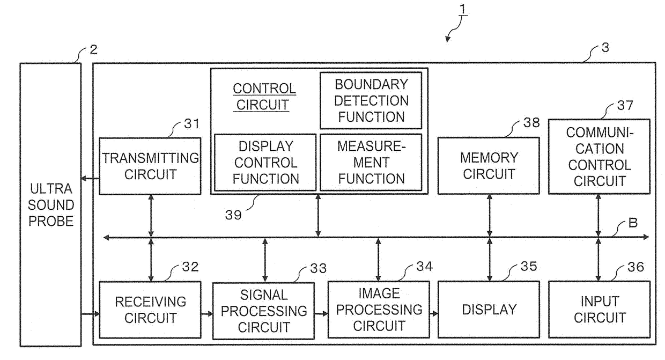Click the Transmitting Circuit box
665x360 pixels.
(150, 166)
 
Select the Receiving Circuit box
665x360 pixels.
(150, 310)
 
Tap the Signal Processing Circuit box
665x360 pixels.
(264, 311)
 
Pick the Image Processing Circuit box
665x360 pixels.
(379, 310)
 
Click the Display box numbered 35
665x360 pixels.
(489, 310)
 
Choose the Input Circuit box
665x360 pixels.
(600, 310)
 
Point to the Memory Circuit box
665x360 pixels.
(489, 166)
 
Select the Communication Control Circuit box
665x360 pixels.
(600, 157)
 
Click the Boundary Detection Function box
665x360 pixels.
(371, 101)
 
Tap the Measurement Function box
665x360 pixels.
(371, 163)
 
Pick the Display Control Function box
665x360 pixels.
(265, 163)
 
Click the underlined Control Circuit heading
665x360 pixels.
(264, 97)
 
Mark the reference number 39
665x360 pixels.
(233, 215)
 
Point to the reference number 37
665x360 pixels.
(625, 106)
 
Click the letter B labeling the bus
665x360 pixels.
(633, 223)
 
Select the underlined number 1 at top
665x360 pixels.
(462, 9)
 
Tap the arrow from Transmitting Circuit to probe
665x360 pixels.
(90, 179)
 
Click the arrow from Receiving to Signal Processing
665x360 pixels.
(207, 314)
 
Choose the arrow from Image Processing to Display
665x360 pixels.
(434, 313)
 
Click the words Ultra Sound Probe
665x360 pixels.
(51, 205)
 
